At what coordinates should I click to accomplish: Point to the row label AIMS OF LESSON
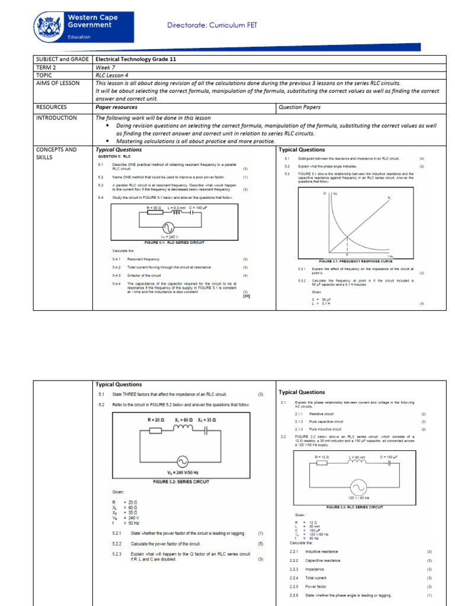[x=57, y=83]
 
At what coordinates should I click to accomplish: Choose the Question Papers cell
[x=299, y=107]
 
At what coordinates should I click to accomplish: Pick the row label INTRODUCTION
[x=57, y=118]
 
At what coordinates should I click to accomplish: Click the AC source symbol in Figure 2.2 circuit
[x=359, y=487]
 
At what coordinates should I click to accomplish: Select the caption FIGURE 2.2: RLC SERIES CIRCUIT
[x=355, y=507]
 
